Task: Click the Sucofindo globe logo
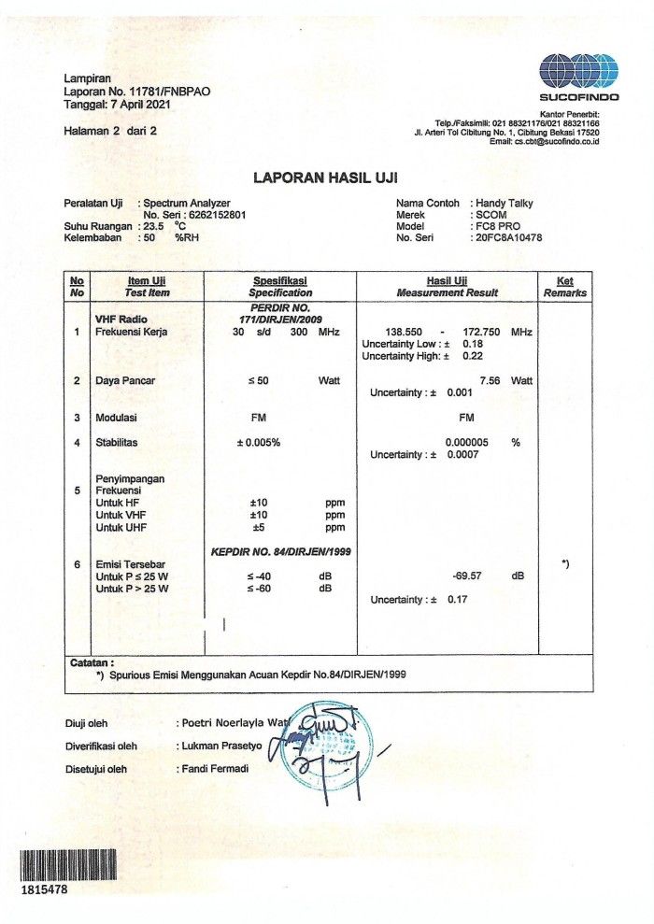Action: tap(578, 71)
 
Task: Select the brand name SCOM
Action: tap(491, 215)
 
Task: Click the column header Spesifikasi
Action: tap(279, 280)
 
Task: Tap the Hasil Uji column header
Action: tap(447, 280)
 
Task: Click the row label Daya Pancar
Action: tap(125, 381)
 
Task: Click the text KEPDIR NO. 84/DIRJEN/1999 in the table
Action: tap(281, 552)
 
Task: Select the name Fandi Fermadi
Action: tap(216, 769)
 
